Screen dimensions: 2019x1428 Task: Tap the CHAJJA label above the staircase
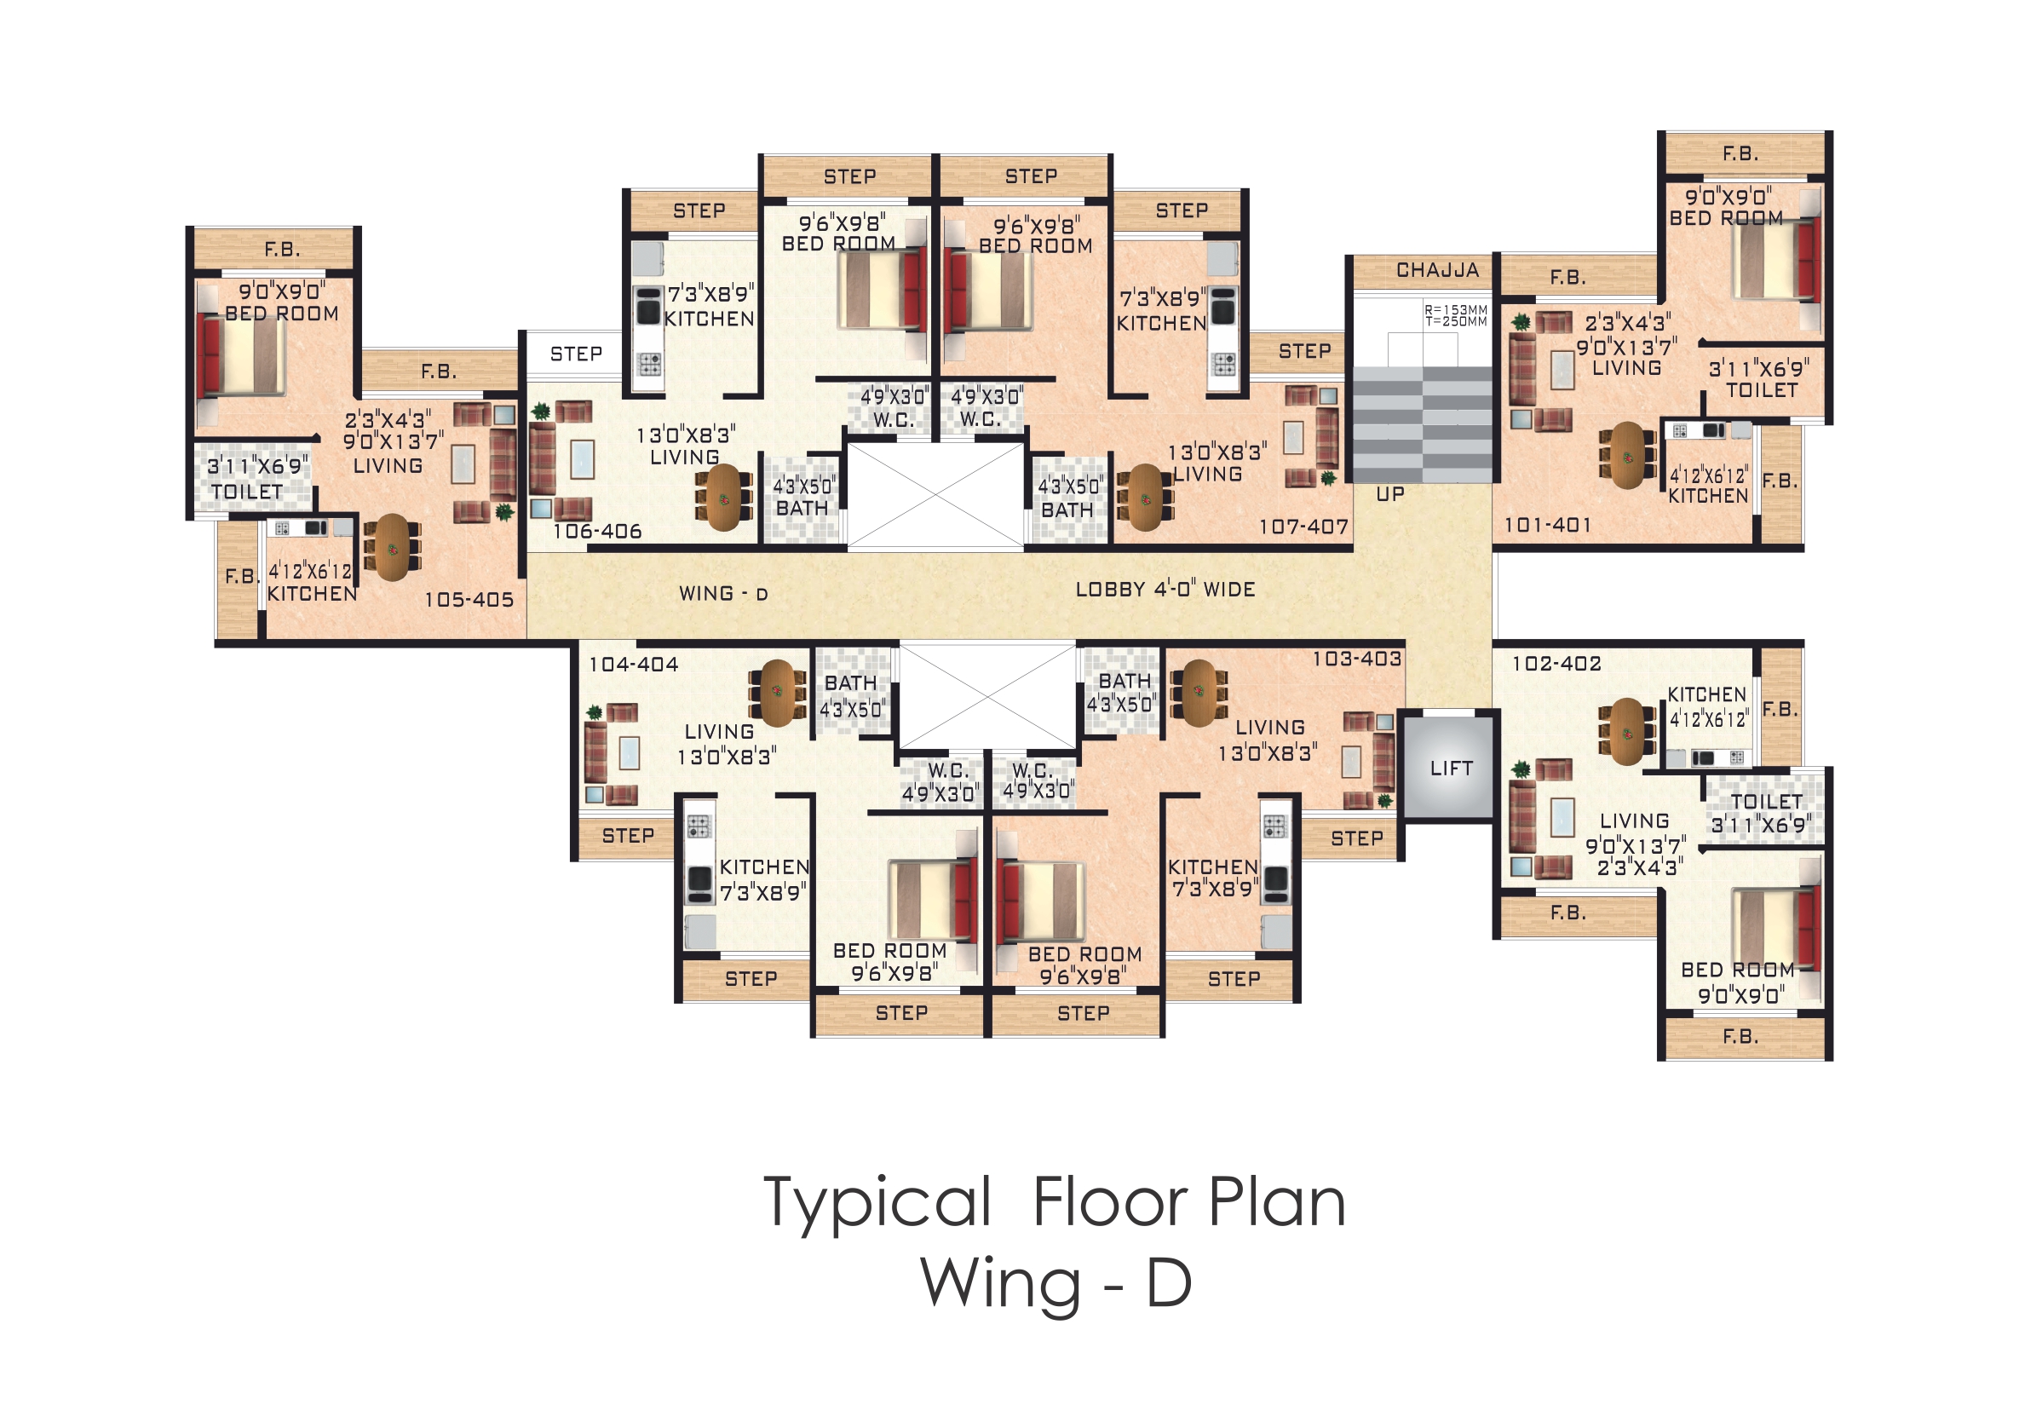click(1438, 270)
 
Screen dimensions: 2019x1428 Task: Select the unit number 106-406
click(597, 531)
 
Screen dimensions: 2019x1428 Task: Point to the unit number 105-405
click(469, 600)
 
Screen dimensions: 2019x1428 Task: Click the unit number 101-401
click(1548, 525)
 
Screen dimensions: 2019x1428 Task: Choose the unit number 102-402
click(1556, 664)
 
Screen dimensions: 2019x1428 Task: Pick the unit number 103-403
click(1357, 659)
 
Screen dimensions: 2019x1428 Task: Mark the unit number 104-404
click(633, 665)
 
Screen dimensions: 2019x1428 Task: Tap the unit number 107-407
click(1304, 527)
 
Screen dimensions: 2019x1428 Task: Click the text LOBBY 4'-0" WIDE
click(1165, 589)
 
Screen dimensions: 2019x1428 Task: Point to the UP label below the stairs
click(1390, 494)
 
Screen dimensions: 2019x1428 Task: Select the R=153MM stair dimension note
click(1456, 310)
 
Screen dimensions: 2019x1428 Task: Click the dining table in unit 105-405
click(392, 547)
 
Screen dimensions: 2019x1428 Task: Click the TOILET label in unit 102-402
click(1767, 801)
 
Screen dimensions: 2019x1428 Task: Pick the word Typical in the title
click(877, 1205)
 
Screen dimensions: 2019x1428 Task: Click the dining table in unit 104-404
click(777, 693)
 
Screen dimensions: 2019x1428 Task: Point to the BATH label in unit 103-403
click(1125, 682)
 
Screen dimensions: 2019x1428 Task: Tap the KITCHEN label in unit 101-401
click(1709, 496)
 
